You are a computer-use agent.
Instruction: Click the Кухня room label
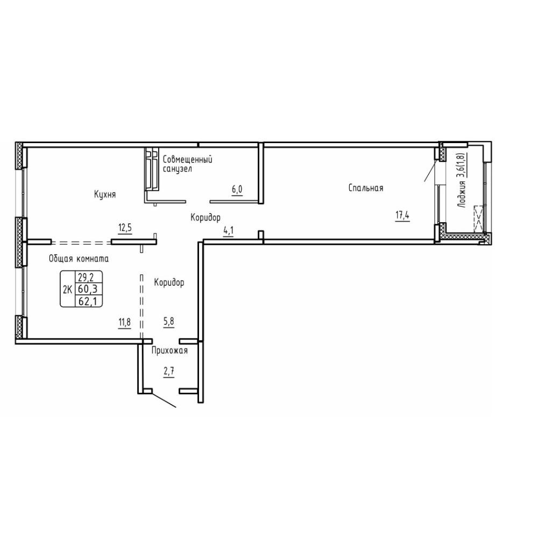(x=105, y=195)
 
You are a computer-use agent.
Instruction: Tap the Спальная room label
(x=366, y=188)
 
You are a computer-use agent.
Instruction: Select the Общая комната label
(x=79, y=259)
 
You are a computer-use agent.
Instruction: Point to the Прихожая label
(x=170, y=350)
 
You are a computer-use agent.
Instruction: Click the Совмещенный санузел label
(x=187, y=164)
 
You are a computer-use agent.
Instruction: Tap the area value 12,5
(x=125, y=228)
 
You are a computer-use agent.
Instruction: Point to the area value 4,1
(x=229, y=231)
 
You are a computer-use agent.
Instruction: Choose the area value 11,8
(x=125, y=323)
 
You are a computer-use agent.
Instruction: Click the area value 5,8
(x=168, y=322)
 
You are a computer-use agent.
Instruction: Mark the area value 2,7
(x=169, y=372)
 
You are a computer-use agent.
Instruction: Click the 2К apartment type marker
(x=68, y=289)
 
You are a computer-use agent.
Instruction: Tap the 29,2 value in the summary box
(x=86, y=276)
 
